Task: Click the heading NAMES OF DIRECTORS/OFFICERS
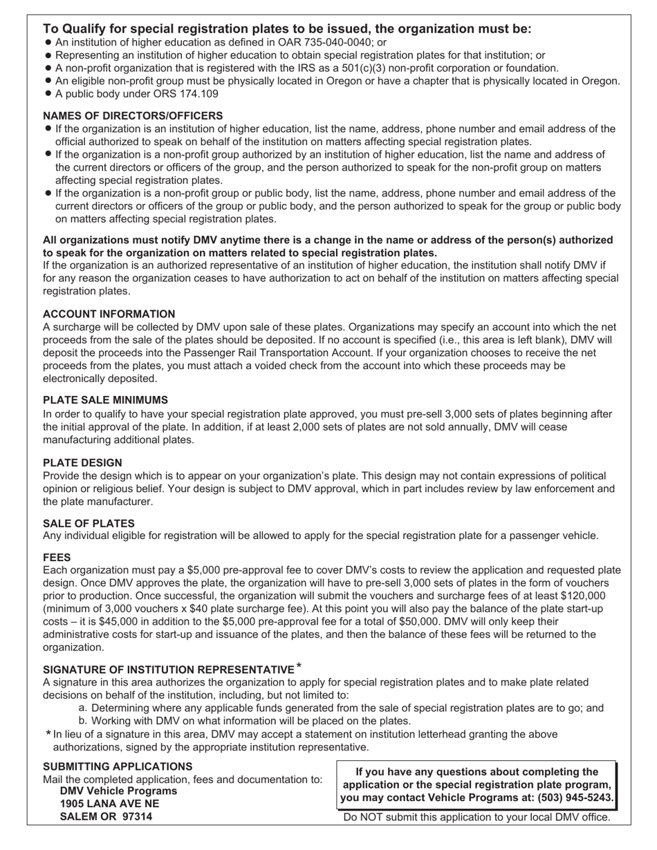(133, 115)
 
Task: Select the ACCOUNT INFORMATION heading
(109, 314)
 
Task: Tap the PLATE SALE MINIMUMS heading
(105, 400)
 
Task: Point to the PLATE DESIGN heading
(82, 463)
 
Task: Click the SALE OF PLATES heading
(89, 523)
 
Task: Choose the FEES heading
(57, 557)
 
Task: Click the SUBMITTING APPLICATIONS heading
(118, 766)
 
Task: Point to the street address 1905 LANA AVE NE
(109, 804)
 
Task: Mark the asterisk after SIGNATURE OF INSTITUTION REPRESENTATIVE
(299, 667)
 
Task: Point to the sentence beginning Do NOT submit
(477, 817)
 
